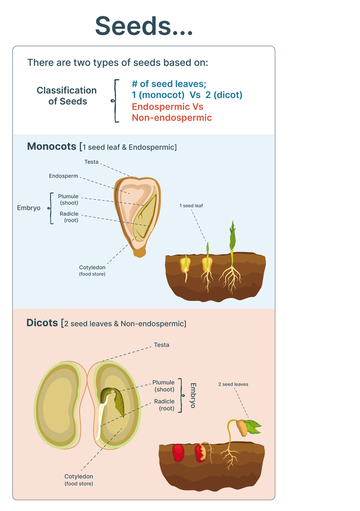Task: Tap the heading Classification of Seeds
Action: pyautogui.click(x=67, y=96)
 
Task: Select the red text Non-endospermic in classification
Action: pyautogui.click(x=171, y=118)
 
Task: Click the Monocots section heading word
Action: pyautogui.click(x=51, y=147)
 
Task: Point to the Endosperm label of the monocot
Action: pyautogui.click(x=63, y=176)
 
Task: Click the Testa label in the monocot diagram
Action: pyautogui.click(x=91, y=162)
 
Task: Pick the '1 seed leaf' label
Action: pyautogui.click(x=191, y=206)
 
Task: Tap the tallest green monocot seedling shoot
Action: pyautogui.click(x=232, y=236)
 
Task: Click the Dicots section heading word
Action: pyautogui.click(x=42, y=323)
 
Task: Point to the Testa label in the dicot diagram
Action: pyautogui.click(x=162, y=345)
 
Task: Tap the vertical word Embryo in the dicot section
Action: pyautogui.click(x=193, y=395)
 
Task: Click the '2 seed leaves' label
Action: pyautogui.click(x=233, y=384)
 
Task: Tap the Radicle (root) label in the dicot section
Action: pyautogui.click(x=164, y=405)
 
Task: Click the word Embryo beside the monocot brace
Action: pyautogui.click(x=29, y=208)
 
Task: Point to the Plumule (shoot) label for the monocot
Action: pyautogui.click(x=68, y=199)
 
